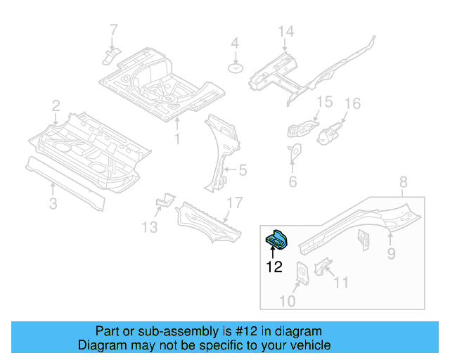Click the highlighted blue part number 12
276,240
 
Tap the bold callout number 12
274,266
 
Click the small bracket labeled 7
111,55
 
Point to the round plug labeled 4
235,68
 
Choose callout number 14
285,32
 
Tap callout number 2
56,105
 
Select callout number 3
53,204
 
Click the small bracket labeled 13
164,202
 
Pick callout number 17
234,203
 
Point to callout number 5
243,169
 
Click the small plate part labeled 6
294,151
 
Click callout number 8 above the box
402,184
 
